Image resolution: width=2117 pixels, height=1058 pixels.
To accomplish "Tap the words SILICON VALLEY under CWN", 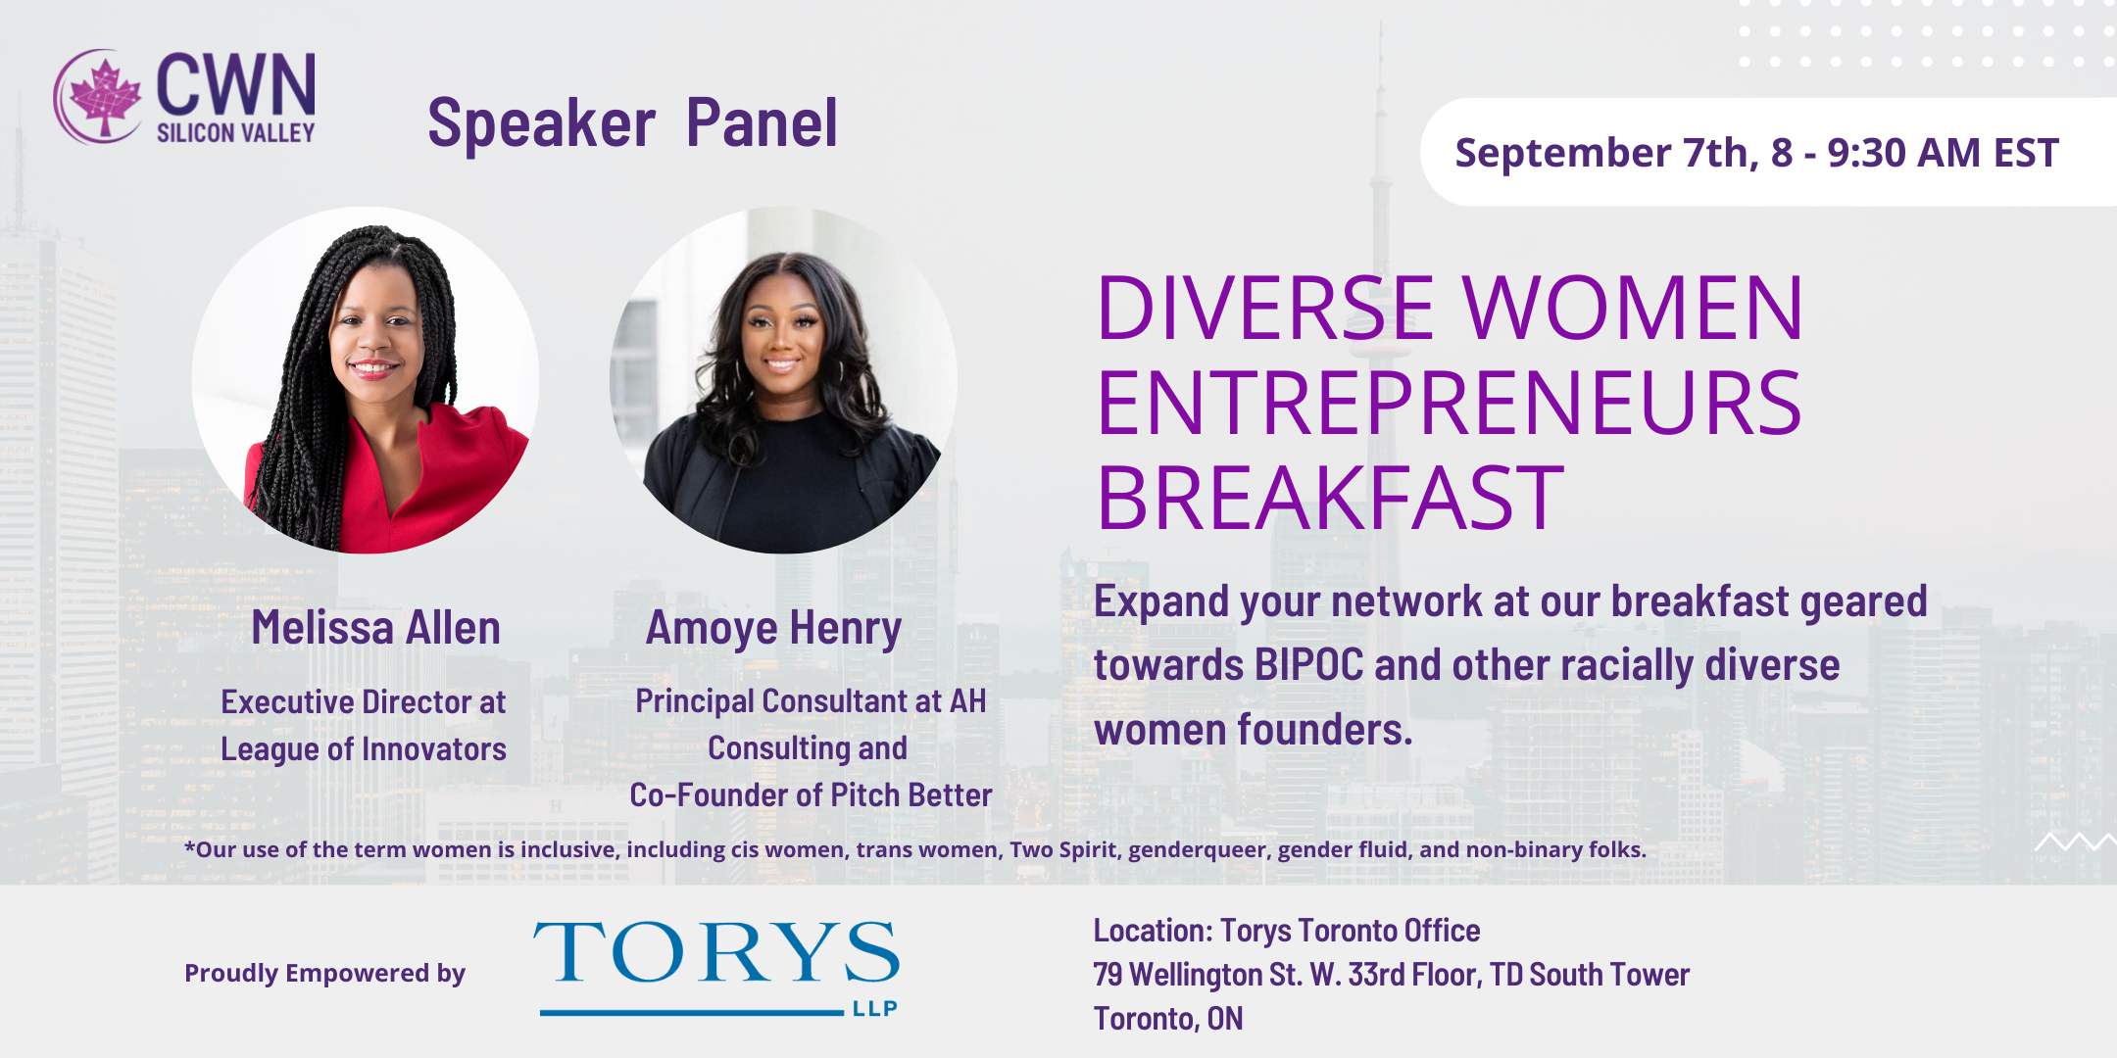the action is click(236, 132).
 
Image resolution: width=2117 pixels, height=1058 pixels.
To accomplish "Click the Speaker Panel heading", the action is click(632, 123).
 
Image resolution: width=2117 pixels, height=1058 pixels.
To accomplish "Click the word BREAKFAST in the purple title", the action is click(1330, 498).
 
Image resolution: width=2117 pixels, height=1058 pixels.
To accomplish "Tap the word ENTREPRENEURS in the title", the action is click(1449, 403).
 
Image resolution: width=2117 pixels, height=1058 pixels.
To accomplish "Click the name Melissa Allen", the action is click(375, 628).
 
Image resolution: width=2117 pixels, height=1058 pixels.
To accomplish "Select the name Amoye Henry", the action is click(773, 629).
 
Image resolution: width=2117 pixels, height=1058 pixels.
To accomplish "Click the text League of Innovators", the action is click(364, 749).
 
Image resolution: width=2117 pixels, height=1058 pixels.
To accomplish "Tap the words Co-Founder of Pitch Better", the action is click(811, 794).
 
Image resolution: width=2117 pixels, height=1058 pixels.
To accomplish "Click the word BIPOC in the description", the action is click(1308, 665).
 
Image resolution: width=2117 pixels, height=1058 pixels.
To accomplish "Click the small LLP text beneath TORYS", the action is click(874, 1008).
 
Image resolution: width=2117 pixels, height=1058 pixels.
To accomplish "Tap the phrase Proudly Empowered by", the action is click(324, 973).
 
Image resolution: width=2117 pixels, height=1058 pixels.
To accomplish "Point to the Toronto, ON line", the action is click(1168, 1019).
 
